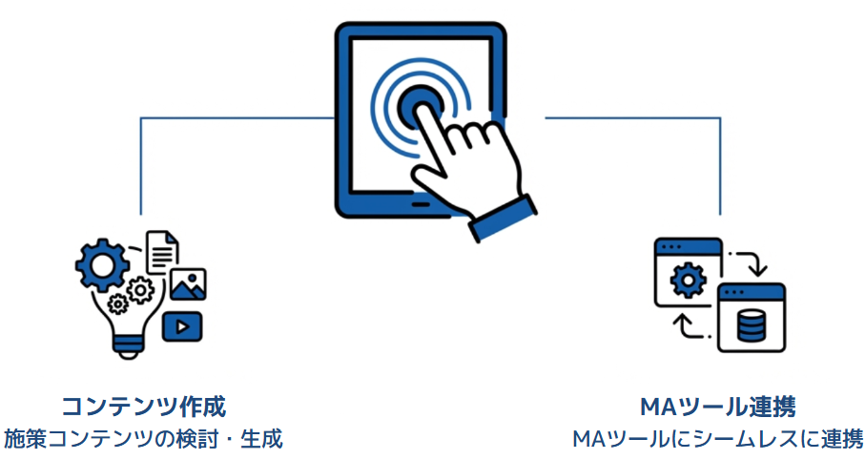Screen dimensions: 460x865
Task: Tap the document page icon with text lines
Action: (161, 252)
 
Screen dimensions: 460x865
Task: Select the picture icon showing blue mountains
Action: (188, 284)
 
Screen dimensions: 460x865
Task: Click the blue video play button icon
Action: (182, 326)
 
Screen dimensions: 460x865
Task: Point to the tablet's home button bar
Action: (416, 203)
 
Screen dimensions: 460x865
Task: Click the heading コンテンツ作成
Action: (144, 407)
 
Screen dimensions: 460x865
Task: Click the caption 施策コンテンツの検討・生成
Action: (144, 439)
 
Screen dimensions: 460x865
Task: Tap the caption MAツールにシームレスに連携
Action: (718, 439)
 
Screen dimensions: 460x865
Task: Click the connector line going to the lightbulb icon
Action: (141, 162)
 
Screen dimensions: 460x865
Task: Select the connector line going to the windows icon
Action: (720, 162)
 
